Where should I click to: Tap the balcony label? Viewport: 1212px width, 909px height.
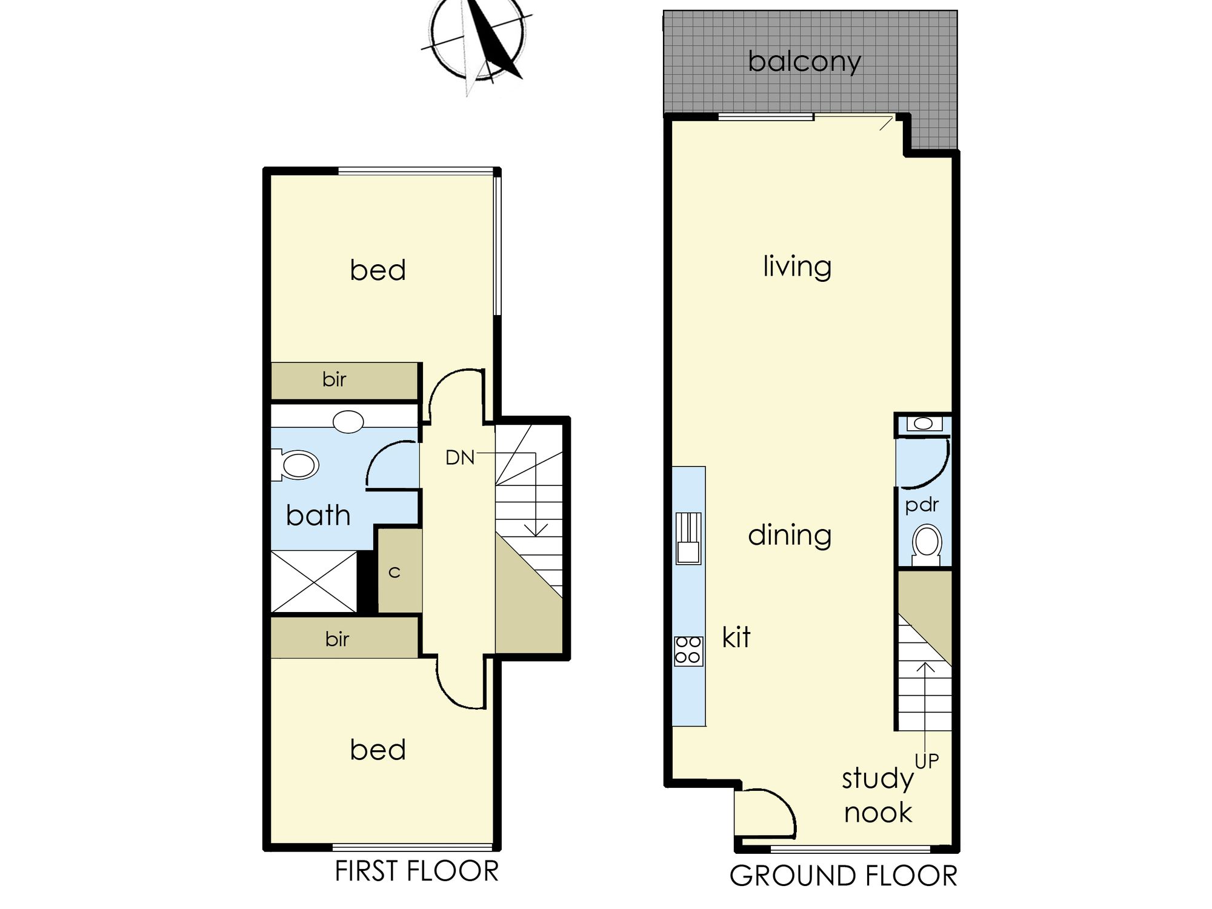click(x=804, y=62)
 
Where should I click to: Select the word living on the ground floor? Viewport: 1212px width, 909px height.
click(x=797, y=267)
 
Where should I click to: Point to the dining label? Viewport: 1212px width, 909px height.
click(x=790, y=535)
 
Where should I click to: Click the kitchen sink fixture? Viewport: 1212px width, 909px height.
click(x=688, y=538)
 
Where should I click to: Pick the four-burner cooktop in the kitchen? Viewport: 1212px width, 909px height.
click(x=688, y=651)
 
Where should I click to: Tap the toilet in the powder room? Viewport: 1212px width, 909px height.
click(x=926, y=545)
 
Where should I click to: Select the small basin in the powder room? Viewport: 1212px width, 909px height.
click(x=924, y=424)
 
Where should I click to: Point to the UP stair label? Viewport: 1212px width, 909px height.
click(x=927, y=761)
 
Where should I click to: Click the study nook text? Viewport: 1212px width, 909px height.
click(x=878, y=796)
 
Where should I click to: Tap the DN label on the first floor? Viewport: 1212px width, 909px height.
click(x=460, y=458)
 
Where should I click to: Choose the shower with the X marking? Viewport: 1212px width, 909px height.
click(x=314, y=582)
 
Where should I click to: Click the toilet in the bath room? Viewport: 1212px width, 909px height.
click(x=296, y=465)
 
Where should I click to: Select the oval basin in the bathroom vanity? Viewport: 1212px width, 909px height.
click(x=348, y=421)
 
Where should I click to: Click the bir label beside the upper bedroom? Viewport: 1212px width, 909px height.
click(x=335, y=380)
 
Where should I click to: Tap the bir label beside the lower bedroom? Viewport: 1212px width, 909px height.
click(x=337, y=639)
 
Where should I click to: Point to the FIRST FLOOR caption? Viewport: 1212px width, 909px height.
click(x=416, y=871)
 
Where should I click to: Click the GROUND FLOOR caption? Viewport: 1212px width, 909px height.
click(x=843, y=876)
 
